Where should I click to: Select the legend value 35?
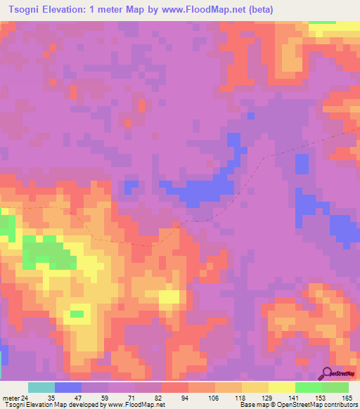click(51, 398)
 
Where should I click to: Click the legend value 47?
click(78, 398)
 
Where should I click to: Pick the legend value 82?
click(157, 398)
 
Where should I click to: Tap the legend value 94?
click(185, 398)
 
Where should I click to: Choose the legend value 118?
click(239, 398)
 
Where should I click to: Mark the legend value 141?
click(293, 398)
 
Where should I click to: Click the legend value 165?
click(346, 398)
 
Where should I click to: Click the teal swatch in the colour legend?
click(41, 387)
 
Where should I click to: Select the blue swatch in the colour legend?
click(68, 387)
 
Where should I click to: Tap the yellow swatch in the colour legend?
click(282, 387)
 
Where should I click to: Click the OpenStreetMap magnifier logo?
click(326, 374)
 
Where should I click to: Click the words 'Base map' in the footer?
click(253, 405)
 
